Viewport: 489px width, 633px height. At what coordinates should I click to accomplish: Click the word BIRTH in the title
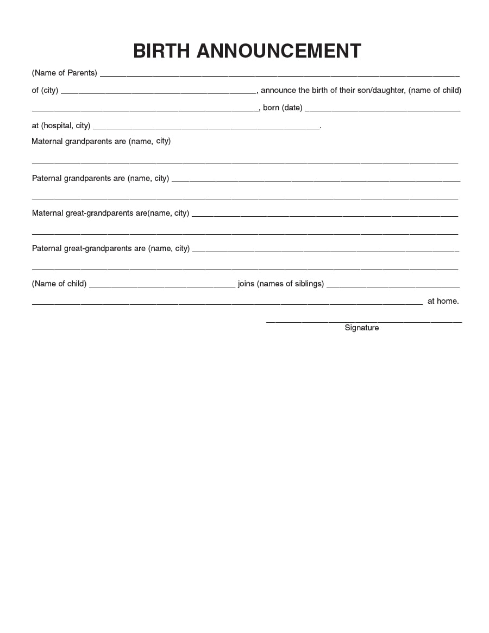[161, 51]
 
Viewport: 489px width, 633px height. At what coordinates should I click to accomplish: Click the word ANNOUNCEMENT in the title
[278, 51]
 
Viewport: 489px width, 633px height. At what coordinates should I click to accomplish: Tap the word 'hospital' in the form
[58, 126]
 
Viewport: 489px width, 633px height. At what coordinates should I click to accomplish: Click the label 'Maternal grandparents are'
[79, 141]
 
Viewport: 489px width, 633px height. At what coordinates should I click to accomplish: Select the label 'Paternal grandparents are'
[78, 178]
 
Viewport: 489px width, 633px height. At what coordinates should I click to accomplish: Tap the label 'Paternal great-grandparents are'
[89, 248]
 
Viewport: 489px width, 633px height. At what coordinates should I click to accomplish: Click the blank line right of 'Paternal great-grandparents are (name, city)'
[325, 251]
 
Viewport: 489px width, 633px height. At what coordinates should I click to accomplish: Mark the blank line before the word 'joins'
[162, 286]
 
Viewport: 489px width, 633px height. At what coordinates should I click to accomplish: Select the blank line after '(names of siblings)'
[393, 286]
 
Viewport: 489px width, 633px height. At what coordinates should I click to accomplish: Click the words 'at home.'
[443, 301]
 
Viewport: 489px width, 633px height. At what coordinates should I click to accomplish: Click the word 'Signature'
[362, 328]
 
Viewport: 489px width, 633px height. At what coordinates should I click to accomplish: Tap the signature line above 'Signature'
[363, 322]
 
